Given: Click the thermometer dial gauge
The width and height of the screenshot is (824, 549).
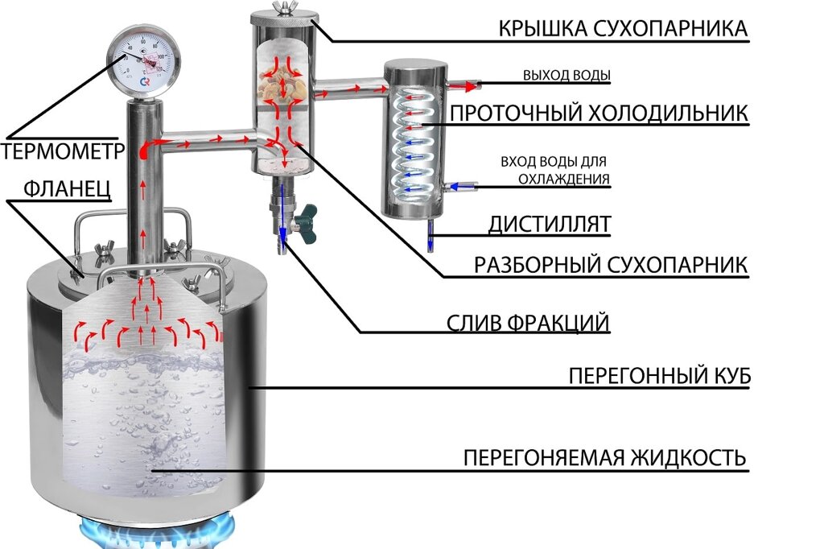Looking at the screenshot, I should [146, 64].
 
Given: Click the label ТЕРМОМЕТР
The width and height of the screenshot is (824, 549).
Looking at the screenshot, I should [61, 152].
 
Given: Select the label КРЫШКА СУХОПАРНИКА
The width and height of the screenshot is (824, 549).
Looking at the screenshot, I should [623, 30].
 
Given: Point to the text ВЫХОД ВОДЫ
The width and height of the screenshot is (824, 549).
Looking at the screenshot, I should [566, 76].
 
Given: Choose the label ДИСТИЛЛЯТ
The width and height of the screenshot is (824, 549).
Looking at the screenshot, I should [549, 225].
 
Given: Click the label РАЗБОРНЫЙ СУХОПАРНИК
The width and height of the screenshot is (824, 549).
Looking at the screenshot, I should [611, 265].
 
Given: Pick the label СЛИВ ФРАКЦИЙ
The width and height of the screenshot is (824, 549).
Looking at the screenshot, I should [528, 324].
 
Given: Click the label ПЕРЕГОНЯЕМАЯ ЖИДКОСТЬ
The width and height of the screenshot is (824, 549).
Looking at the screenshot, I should [605, 458].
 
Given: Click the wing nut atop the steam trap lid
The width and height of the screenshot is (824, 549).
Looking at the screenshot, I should [282, 9].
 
